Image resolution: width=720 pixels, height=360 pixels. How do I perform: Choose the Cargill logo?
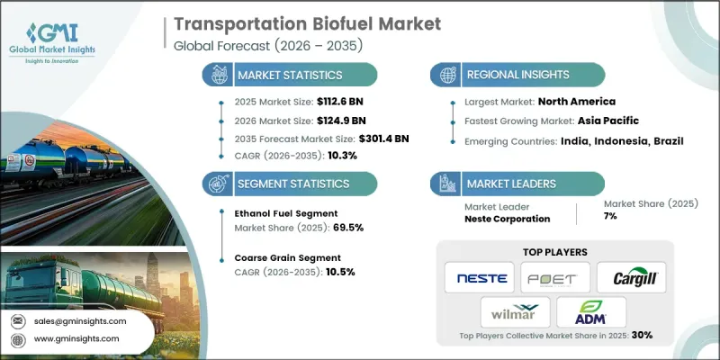pos(633,277)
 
